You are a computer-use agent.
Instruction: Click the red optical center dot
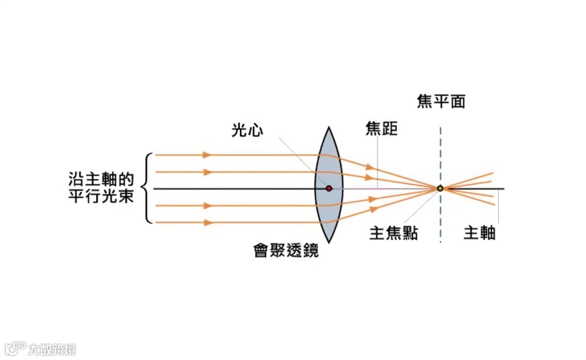(x=329, y=188)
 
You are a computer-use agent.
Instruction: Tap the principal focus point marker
(x=440, y=188)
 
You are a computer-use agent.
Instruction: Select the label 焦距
(x=381, y=129)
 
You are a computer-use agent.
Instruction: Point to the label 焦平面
(x=441, y=102)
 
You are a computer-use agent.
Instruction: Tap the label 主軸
(x=480, y=233)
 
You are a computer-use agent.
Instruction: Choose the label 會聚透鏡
(x=286, y=250)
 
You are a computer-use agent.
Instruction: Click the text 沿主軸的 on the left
(x=101, y=179)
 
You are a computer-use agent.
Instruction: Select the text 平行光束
(x=101, y=196)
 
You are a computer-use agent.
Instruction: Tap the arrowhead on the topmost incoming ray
(x=206, y=155)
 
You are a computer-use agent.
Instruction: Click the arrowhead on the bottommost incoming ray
(x=206, y=223)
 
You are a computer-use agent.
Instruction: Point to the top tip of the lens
(x=329, y=128)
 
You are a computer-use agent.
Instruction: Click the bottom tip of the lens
(x=329, y=241)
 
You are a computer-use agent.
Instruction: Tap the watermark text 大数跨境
(x=53, y=349)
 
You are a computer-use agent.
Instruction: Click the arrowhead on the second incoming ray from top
(x=206, y=172)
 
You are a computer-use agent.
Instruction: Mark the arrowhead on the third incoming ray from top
(x=206, y=206)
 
